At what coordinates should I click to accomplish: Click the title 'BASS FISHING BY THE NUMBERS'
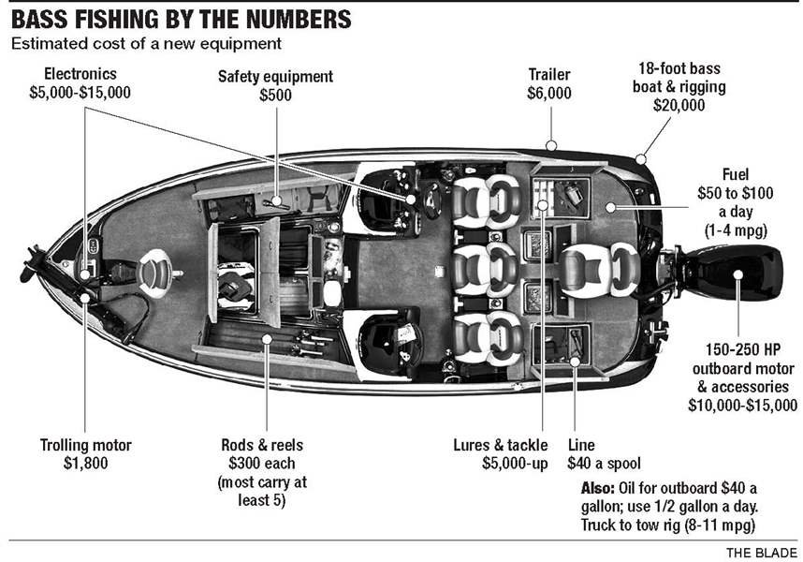[x=182, y=18]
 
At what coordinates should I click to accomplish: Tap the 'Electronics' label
[x=80, y=74]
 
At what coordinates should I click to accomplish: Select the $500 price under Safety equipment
[x=275, y=96]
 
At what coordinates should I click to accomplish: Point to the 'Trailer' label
[x=550, y=75]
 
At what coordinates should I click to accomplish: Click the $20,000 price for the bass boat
[x=678, y=106]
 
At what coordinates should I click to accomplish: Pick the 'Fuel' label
[x=734, y=174]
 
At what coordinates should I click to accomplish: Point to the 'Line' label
[x=580, y=446]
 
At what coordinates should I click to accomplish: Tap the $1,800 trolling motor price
[x=85, y=464]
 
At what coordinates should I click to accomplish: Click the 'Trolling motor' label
[x=85, y=446]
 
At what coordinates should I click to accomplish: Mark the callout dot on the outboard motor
[x=737, y=274]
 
